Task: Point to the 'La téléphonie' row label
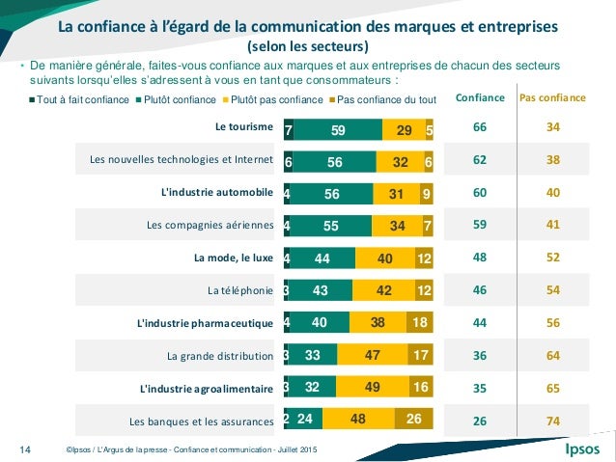[240, 290]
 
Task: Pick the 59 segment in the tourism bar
[337, 128]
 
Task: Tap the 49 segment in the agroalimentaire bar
[371, 388]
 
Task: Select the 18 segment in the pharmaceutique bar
[420, 322]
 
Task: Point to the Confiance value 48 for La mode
[479, 258]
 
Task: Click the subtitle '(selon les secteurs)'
[308, 46]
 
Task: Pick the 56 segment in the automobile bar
[331, 193]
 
